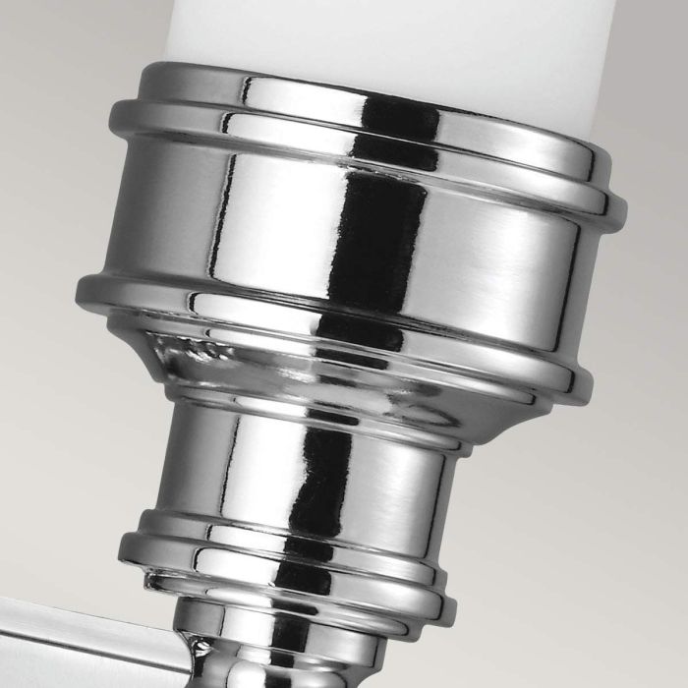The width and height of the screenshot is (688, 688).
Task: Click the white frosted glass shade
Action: [393, 34]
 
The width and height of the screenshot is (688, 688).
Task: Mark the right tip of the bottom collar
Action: [454, 600]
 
